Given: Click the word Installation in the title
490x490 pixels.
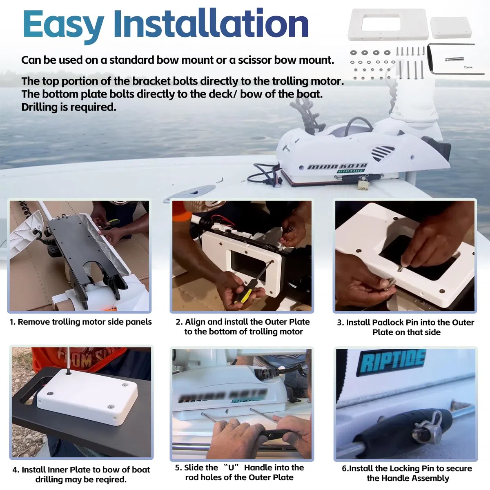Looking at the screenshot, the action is point(211,23).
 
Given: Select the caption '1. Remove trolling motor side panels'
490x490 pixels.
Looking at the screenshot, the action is point(80,322).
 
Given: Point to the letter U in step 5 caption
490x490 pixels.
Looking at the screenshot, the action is point(232,468).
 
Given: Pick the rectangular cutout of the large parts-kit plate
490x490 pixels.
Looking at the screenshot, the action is point(381,22).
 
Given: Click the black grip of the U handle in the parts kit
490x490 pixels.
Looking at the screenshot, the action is point(430,58).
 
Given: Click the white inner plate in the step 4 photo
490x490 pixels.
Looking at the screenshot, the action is point(88,396).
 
